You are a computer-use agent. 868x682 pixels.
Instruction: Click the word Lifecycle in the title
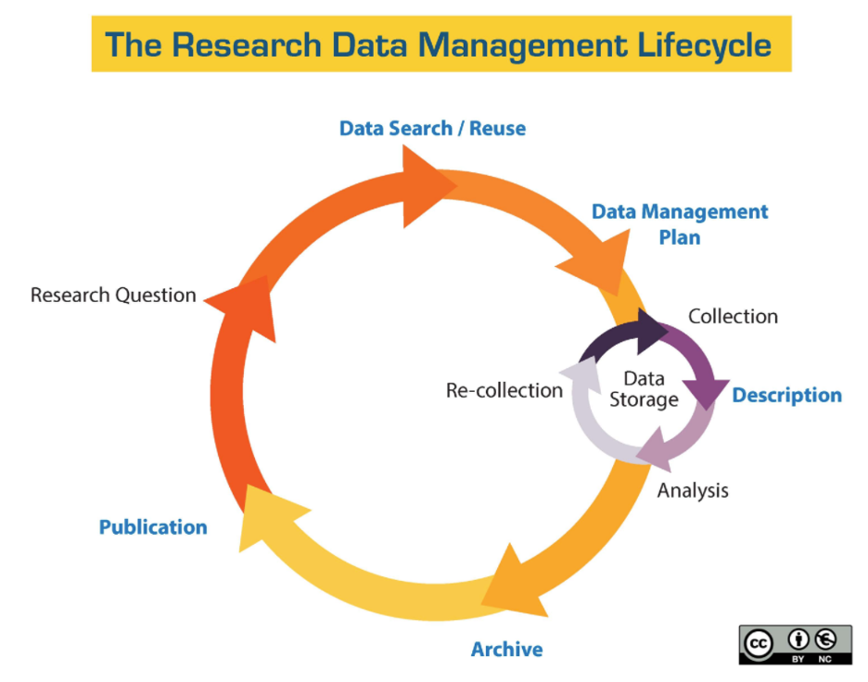704,44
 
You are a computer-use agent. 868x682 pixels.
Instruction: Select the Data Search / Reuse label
432,128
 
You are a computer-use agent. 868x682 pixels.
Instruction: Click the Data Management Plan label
680,224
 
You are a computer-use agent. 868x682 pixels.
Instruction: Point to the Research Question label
113,295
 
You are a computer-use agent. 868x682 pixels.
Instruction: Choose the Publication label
153,527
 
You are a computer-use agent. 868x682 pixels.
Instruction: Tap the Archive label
506,650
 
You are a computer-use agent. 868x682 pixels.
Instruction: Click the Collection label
733,316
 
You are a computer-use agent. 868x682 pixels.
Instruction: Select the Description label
786,396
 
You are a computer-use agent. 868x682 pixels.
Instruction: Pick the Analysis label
693,490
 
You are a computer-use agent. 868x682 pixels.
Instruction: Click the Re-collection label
504,390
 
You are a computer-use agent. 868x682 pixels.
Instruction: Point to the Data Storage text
644,389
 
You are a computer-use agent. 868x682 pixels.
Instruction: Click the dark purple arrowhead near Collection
649,331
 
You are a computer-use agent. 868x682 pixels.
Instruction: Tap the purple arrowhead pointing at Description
706,393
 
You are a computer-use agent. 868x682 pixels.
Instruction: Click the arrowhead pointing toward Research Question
248,306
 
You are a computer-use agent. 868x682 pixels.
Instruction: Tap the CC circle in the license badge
758,643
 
